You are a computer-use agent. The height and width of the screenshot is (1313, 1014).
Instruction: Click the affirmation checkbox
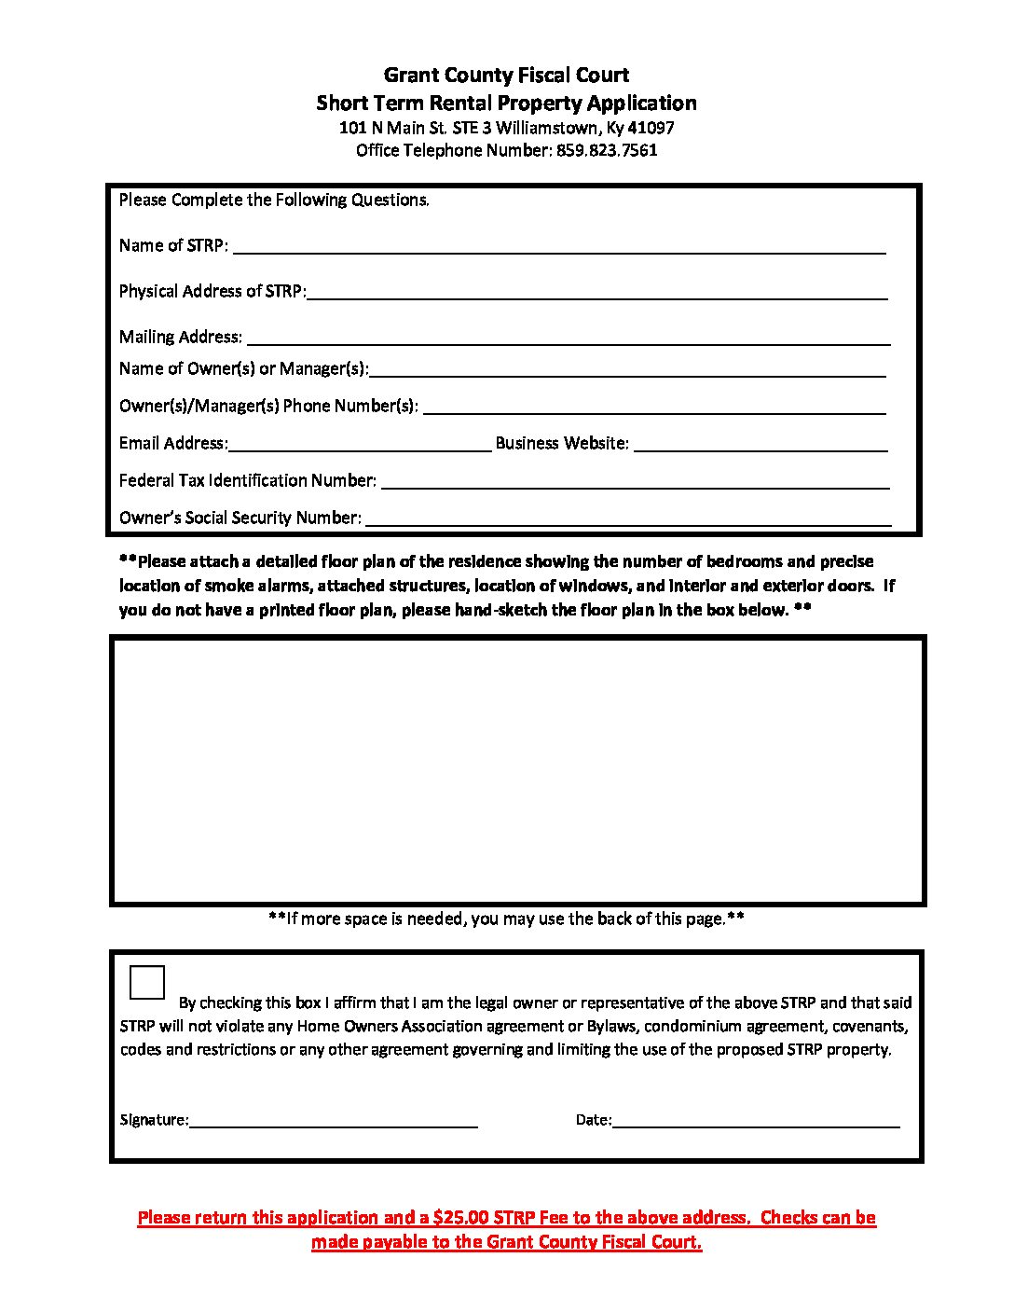pyautogui.click(x=148, y=983)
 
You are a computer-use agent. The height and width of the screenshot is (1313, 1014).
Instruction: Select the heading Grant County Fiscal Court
pyautogui.click(x=506, y=76)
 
